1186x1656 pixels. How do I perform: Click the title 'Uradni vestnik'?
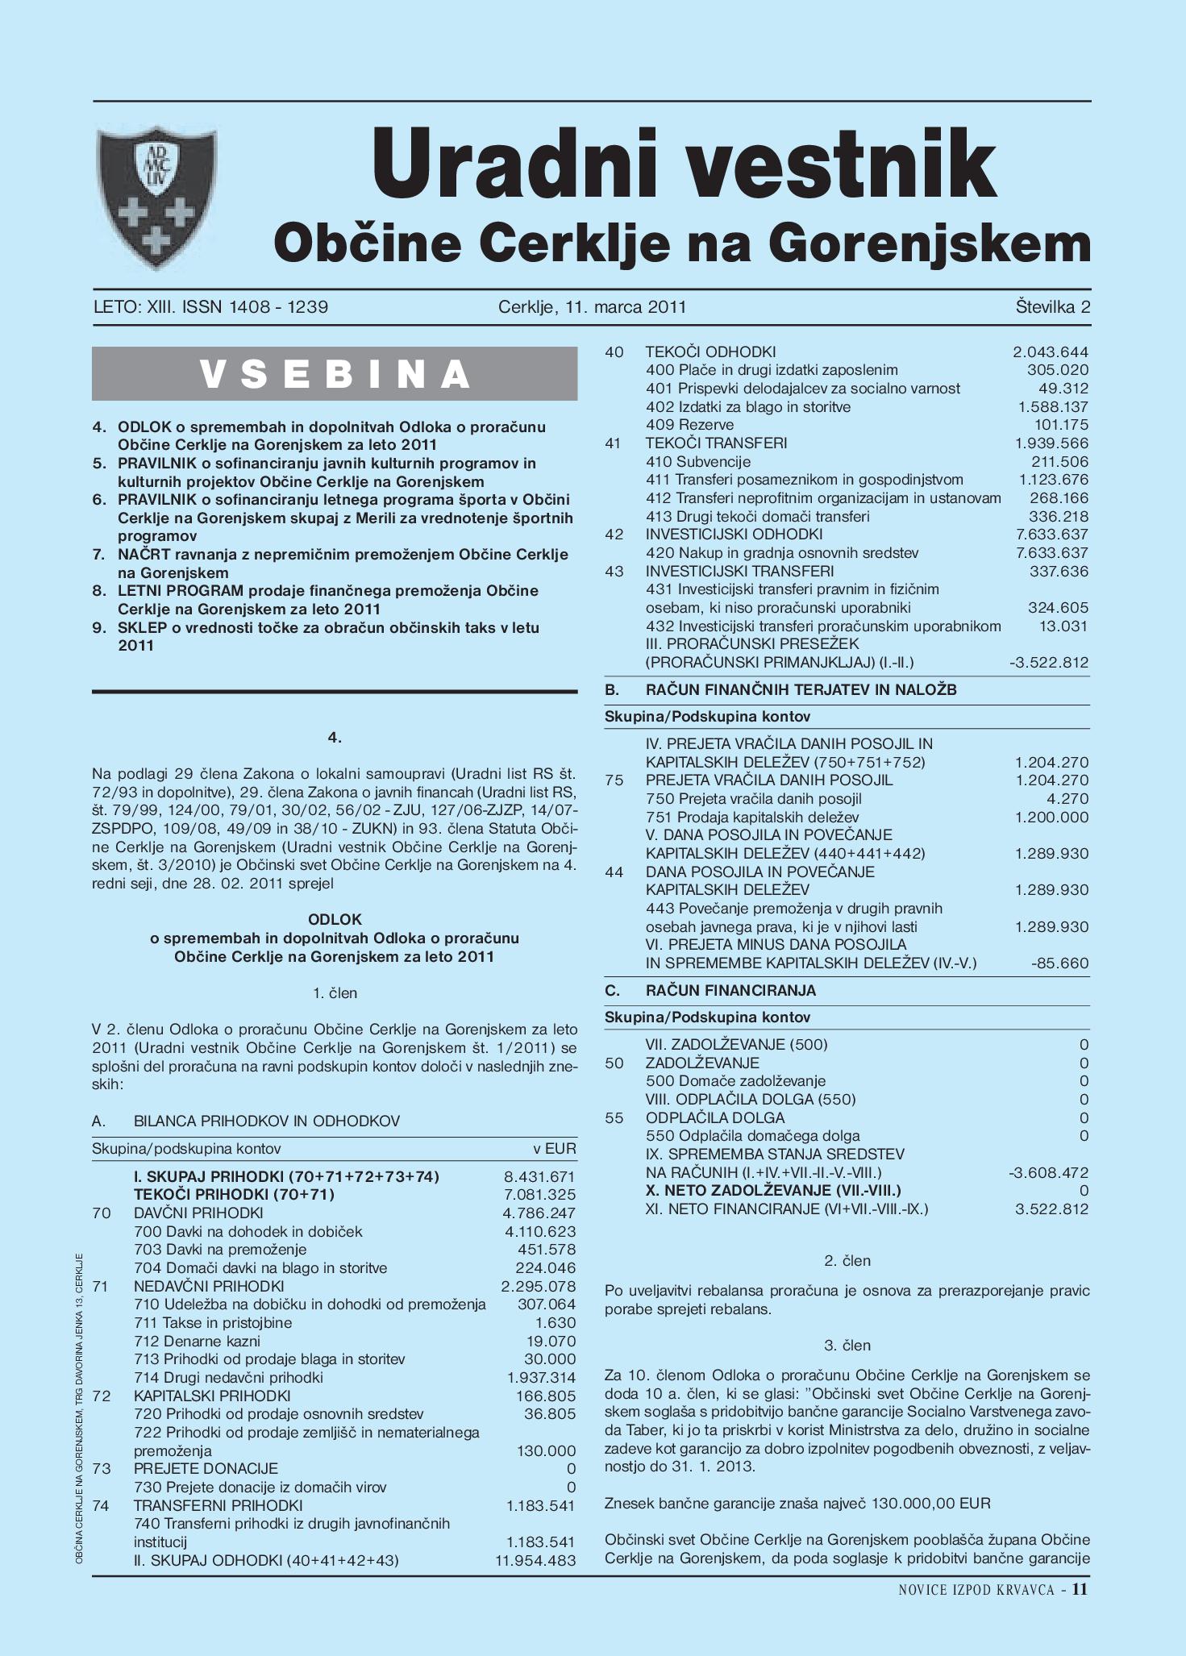[683, 162]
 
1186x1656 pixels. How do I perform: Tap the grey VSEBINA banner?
[335, 374]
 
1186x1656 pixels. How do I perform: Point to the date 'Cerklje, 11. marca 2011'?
[592, 307]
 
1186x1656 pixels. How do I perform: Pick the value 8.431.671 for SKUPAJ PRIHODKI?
[539, 1176]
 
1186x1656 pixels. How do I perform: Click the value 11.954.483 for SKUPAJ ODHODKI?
[535, 1560]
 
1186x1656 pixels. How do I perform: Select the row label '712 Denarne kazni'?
[197, 1341]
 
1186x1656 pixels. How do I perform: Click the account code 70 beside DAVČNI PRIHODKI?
[102, 1213]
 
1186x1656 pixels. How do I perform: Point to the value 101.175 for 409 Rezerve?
[1061, 425]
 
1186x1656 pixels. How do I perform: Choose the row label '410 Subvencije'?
[698, 462]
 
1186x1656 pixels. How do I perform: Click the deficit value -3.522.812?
[1048, 663]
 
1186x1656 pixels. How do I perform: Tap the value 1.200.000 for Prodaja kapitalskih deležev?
[1051, 817]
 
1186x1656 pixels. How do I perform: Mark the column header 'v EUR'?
[555, 1148]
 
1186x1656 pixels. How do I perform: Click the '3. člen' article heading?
[847, 1346]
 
